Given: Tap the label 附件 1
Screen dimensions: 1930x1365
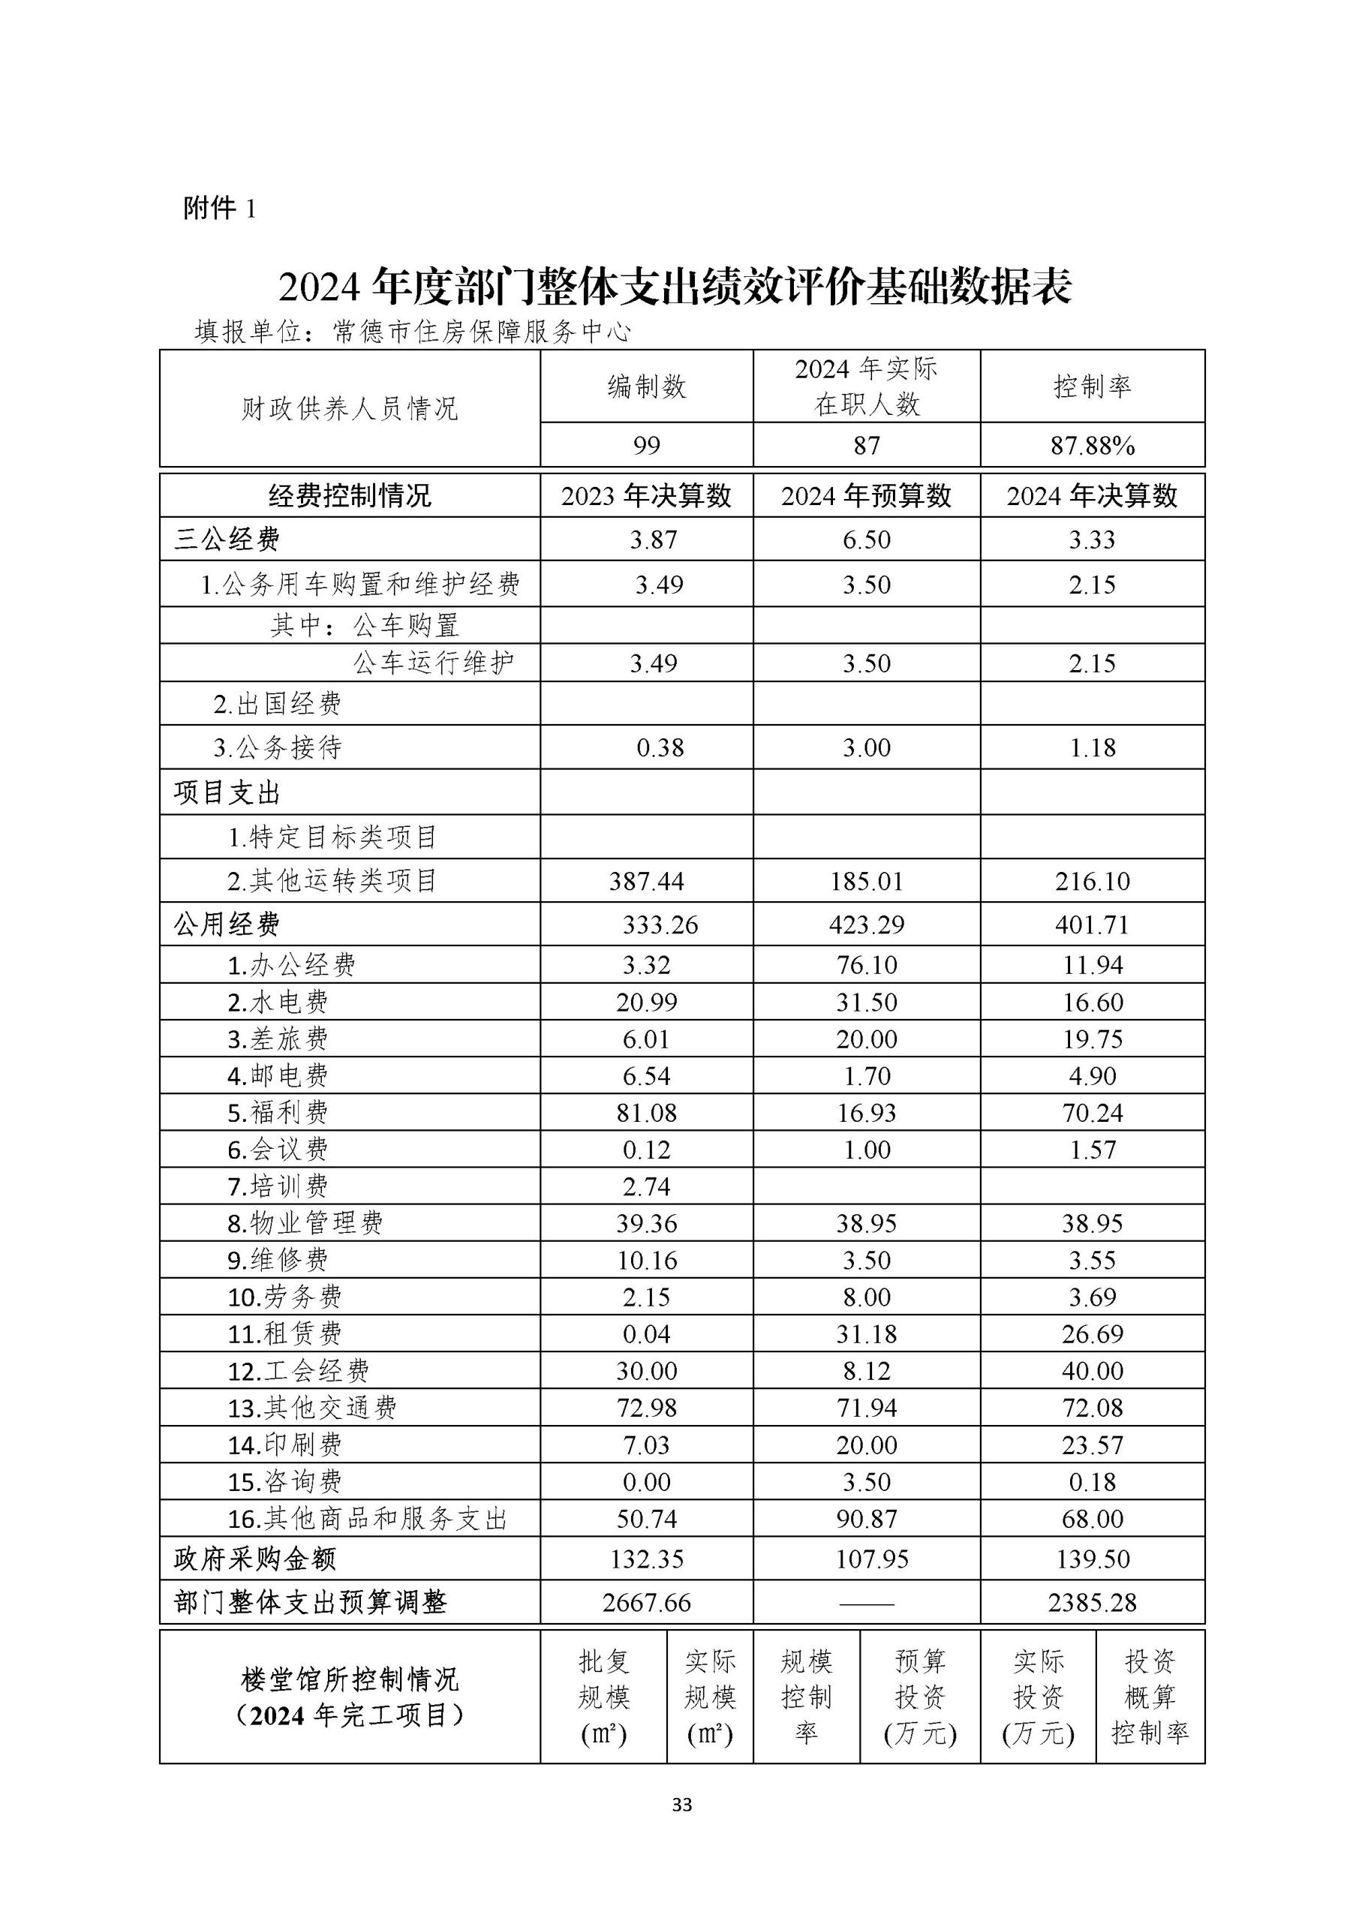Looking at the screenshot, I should coord(219,209).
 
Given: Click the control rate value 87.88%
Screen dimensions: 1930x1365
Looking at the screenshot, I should coord(1092,446).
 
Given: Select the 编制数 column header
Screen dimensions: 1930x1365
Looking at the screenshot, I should coord(646,386).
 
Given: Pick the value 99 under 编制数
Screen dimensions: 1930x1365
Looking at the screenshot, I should coord(646,446).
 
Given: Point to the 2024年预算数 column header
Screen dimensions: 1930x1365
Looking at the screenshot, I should coord(866,496).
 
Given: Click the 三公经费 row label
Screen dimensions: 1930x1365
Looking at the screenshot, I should coord(227,540).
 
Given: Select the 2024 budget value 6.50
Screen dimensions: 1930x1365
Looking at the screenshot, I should coord(866,540).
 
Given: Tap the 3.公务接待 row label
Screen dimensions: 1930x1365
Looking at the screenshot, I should coord(278,747).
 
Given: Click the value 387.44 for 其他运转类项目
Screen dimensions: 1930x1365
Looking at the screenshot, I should coord(646,881).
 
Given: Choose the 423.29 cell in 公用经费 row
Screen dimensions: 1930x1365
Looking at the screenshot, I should coord(866,924).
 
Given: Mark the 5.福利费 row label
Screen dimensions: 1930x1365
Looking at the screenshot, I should coord(278,1113).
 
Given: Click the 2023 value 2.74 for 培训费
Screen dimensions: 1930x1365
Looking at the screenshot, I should coord(646,1186).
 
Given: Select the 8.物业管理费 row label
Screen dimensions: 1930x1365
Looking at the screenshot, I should coord(305,1223).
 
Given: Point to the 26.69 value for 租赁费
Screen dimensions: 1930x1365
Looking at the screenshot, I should coord(1092,1334).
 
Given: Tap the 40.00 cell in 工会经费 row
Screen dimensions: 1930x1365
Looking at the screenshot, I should coord(1092,1371).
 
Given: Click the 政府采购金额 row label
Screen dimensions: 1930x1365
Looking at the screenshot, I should coord(254,1559).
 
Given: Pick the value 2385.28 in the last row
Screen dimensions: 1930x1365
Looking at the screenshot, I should coord(1092,1602).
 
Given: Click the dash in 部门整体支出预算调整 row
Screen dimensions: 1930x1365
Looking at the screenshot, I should coord(866,1603).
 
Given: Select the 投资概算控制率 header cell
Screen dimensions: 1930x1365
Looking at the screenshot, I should coord(1149,1697).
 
